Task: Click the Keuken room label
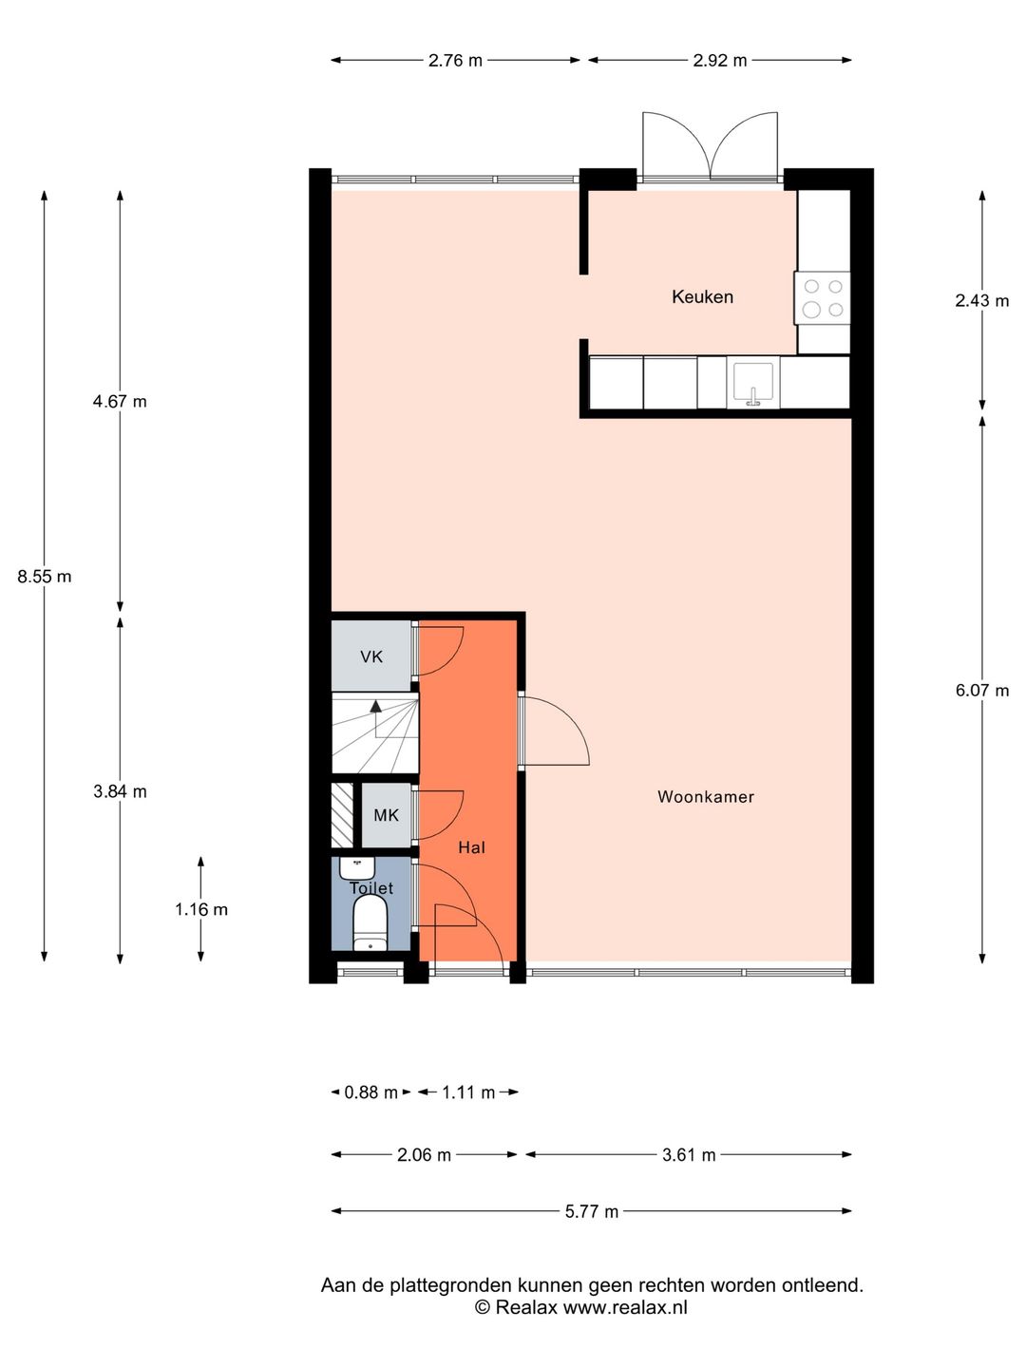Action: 702,297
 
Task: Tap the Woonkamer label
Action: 705,797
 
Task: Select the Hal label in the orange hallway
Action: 471,847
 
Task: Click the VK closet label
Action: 371,656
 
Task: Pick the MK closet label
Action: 386,815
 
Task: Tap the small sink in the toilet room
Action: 358,867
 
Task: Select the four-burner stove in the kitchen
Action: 823,297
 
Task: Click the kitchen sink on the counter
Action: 753,384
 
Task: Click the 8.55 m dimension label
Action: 45,577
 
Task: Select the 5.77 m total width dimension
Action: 591,1211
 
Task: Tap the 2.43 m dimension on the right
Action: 981,301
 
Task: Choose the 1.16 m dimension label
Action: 201,909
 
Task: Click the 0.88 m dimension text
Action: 370,1092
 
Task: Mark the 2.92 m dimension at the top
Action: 719,61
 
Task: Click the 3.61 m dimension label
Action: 689,1155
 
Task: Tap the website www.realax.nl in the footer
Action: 625,1307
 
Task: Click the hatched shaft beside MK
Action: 342,815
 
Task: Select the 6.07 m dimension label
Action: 981,691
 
